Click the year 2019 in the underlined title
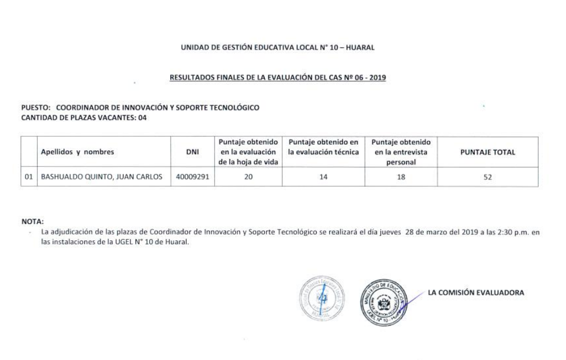coord(376,77)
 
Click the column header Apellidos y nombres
coord(77,152)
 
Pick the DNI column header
coord(192,152)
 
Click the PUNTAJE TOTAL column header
coord(487,152)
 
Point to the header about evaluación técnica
coord(323,147)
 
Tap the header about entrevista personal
coord(401,152)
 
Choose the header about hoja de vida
coord(247,152)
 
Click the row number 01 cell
coord(28,177)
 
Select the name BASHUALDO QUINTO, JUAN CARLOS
coord(101,177)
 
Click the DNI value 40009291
coord(192,177)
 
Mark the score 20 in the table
coord(248,177)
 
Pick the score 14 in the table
coord(323,177)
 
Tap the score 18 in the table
coord(401,177)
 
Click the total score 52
coord(487,177)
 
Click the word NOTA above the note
coord(32,221)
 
